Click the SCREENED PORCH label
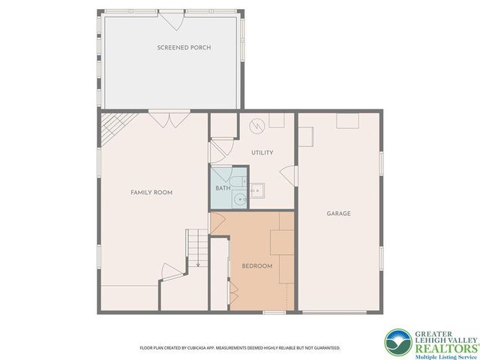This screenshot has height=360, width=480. [x=184, y=47]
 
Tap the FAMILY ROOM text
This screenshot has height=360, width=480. [x=151, y=193]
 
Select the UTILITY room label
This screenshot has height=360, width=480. [x=262, y=153]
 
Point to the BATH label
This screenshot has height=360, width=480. [x=223, y=188]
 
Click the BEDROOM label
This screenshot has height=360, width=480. [x=256, y=266]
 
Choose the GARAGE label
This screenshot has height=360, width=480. [x=338, y=214]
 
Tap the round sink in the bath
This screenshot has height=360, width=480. [x=239, y=199]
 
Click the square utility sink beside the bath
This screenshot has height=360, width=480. [x=258, y=190]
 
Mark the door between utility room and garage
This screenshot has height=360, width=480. [x=289, y=175]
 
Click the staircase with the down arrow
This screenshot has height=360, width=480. [x=196, y=247]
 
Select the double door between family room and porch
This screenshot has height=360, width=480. [x=169, y=118]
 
